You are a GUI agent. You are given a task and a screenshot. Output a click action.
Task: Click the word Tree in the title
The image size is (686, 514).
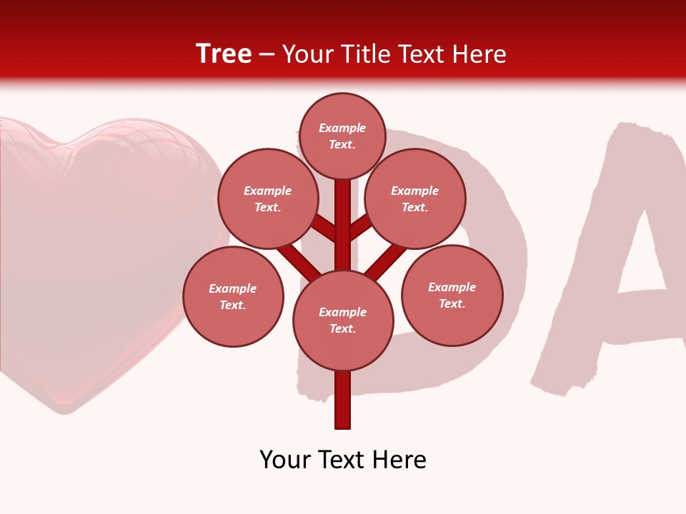click(x=224, y=54)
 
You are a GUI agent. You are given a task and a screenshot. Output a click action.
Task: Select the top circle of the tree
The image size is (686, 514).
click(x=342, y=136)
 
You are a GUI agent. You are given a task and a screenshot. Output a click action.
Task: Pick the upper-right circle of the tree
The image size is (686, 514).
click(x=414, y=198)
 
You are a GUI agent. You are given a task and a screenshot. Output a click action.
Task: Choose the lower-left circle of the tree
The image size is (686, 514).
click(x=233, y=296)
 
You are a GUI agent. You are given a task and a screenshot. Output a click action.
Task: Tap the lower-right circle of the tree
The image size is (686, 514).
click(x=452, y=295)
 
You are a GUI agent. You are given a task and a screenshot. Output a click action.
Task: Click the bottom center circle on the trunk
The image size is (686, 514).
click(x=343, y=321)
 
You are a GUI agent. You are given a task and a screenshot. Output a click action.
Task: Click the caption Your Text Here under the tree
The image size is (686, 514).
click(x=343, y=460)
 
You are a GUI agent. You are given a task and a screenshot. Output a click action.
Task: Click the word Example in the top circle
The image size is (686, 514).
click(x=342, y=128)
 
